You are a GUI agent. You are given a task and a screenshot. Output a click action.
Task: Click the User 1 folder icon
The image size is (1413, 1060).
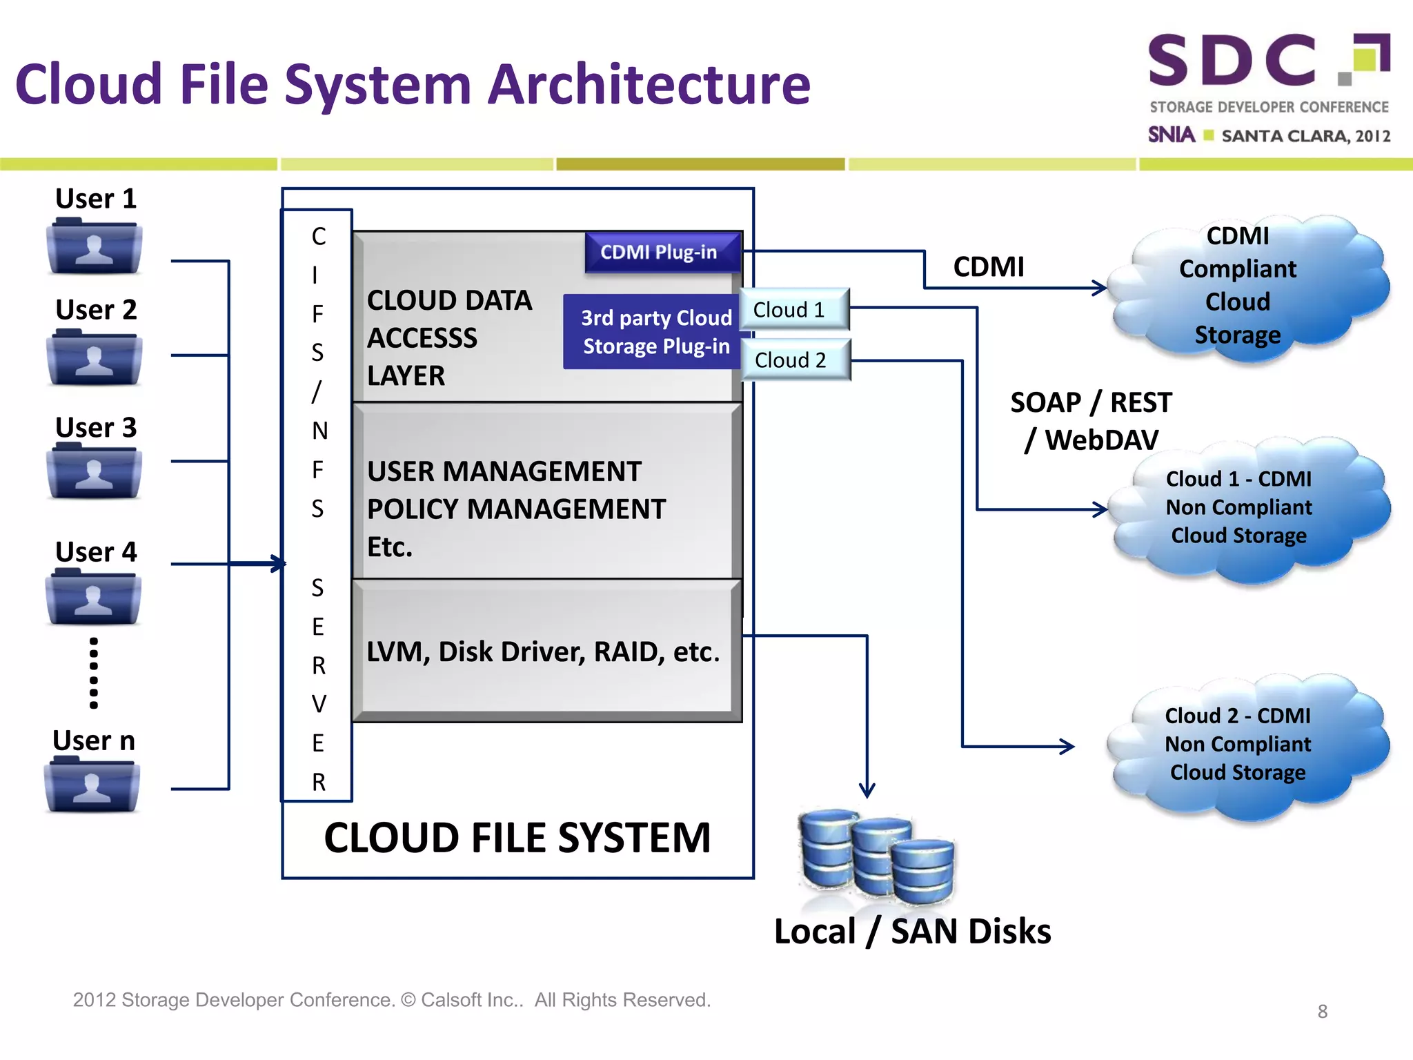tap(95, 247)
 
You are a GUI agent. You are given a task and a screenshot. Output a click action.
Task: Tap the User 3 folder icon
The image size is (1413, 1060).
tap(95, 473)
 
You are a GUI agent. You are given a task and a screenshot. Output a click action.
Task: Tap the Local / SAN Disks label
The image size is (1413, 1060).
tap(912, 932)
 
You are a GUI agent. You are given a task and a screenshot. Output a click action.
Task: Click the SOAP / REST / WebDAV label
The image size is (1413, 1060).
tap(1091, 421)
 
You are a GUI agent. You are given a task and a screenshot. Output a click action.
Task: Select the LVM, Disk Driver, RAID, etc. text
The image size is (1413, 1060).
tap(543, 652)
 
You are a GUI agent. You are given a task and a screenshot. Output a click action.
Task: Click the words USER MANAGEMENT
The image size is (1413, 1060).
tap(504, 472)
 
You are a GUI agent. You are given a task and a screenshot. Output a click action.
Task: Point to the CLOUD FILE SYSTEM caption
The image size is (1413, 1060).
tap(517, 838)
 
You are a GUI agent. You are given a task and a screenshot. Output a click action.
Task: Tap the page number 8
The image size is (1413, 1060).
tap(1322, 1012)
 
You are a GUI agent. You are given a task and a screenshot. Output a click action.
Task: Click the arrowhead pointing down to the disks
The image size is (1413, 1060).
tap(867, 790)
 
